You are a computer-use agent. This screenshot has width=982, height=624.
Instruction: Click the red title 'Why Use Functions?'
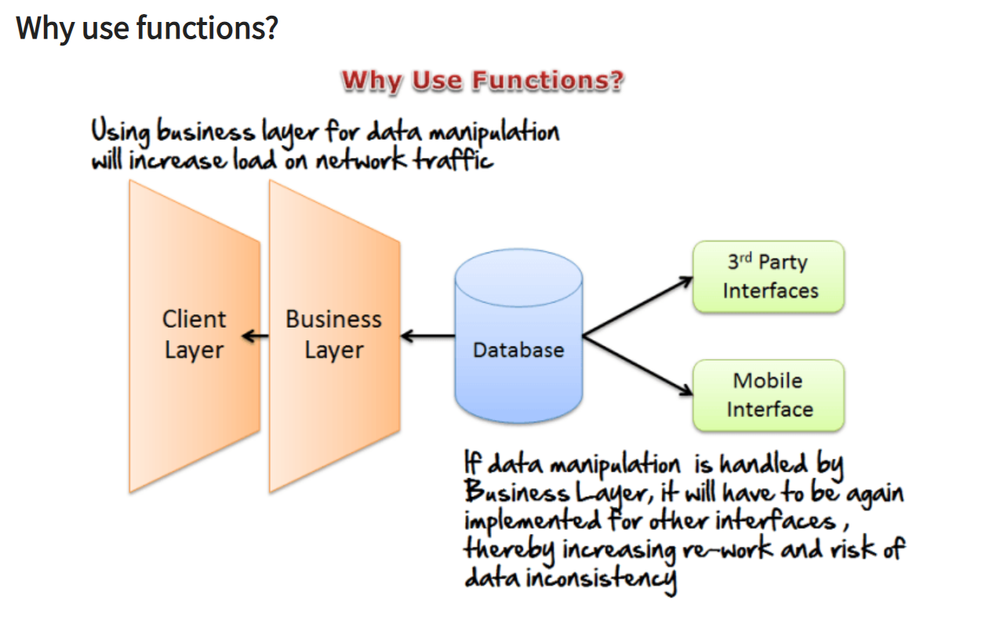pyautogui.click(x=482, y=80)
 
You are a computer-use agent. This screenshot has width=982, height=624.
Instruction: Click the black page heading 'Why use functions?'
pyautogui.click(x=147, y=28)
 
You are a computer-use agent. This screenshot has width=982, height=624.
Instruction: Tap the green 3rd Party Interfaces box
pyautogui.click(x=768, y=277)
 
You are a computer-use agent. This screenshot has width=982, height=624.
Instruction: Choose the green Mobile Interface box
pyautogui.click(x=768, y=395)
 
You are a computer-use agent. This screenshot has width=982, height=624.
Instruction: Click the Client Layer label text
pyautogui.click(x=194, y=334)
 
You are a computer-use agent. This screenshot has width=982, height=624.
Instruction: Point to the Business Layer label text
pyautogui.click(x=333, y=334)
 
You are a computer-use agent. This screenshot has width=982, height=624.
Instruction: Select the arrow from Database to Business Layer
pyautogui.click(x=427, y=337)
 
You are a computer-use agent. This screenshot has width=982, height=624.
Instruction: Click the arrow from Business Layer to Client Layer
pyautogui.click(x=256, y=337)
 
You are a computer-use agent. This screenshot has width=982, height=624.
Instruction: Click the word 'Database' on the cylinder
pyautogui.click(x=518, y=350)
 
